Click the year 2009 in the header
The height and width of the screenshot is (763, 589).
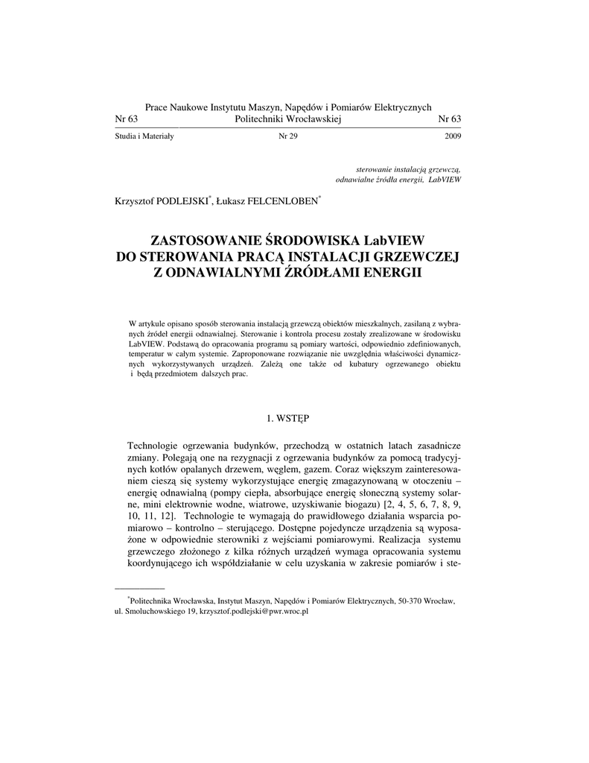pyautogui.click(x=452, y=136)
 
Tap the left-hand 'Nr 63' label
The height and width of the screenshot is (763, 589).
pyautogui.click(x=127, y=119)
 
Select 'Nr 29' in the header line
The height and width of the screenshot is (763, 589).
pyautogui.click(x=287, y=136)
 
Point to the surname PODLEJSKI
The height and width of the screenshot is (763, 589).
pyautogui.click(x=182, y=201)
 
